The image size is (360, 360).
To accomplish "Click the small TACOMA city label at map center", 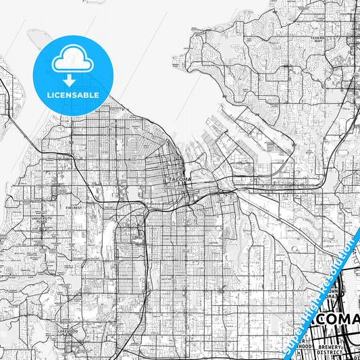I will pos(179,179).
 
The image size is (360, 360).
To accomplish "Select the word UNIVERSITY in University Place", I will pos(41,218).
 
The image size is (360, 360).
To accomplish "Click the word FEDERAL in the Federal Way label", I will pos(318,38).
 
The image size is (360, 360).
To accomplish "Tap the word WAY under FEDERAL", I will pos(318,42).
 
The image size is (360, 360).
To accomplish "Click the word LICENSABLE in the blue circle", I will pos(72,95).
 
